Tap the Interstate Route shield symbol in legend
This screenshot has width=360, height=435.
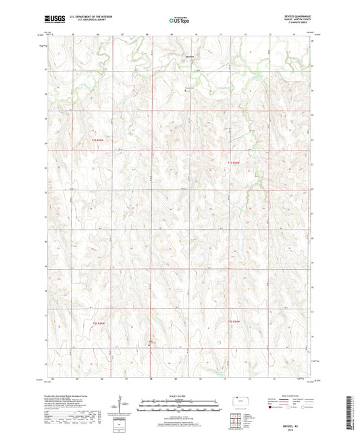[x=269, y=407]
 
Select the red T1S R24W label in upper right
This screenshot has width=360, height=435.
[x=234, y=162]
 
